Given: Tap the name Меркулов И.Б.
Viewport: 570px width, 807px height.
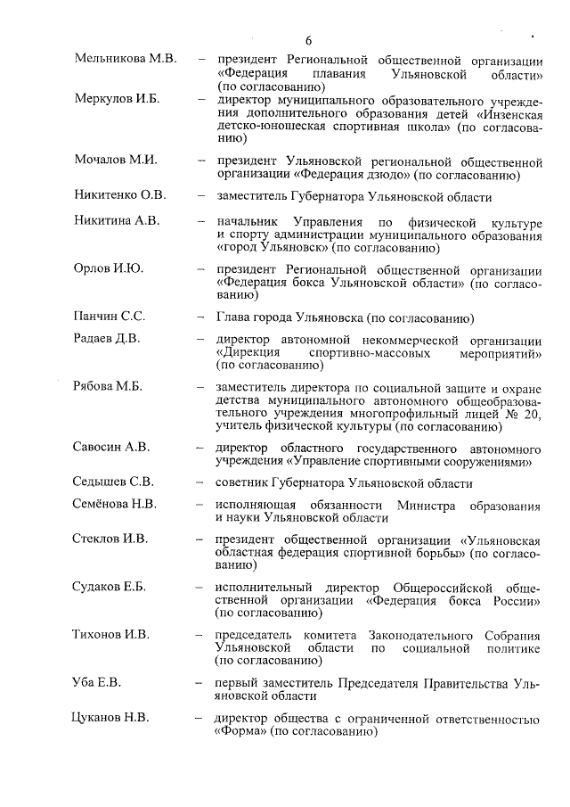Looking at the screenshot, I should (x=117, y=99).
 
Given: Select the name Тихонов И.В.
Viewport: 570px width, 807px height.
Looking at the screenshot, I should (x=110, y=634).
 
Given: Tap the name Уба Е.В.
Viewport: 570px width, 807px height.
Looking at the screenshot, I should (x=97, y=682).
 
